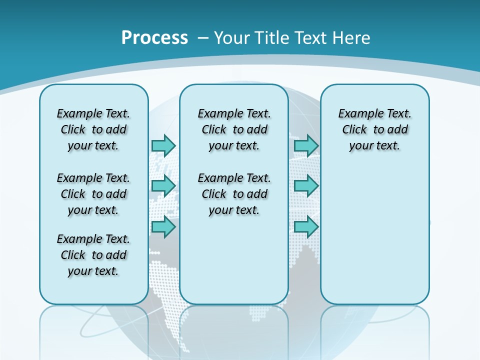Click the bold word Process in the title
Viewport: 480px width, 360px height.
pyautogui.click(x=154, y=38)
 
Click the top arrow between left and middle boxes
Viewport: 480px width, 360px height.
pyautogui.click(x=163, y=145)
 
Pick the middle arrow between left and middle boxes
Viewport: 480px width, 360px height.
pyautogui.click(x=163, y=186)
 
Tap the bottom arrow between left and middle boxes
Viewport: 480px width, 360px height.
pyautogui.click(x=163, y=227)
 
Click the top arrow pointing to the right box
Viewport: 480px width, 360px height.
pyautogui.click(x=306, y=145)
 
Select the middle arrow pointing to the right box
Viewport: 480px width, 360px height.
pyautogui.click(x=306, y=186)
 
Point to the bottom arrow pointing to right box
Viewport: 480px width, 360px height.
pyautogui.click(x=306, y=227)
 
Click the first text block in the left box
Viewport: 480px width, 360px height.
pyautogui.click(x=93, y=129)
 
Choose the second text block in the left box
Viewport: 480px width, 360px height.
pyautogui.click(x=93, y=194)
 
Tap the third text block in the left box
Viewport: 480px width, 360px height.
pyautogui.click(x=93, y=255)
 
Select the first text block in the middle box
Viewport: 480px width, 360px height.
pyautogui.click(x=234, y=129)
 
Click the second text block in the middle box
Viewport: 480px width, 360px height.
pyautogui.click(x=234, y=194)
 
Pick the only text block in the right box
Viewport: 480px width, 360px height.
pyautogui.click(x=374, y=129)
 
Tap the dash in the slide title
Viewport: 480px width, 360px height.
pyautogui.click(x=203, y=38)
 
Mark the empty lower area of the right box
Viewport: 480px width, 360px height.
pyautogui.click(x=374, y=240)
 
